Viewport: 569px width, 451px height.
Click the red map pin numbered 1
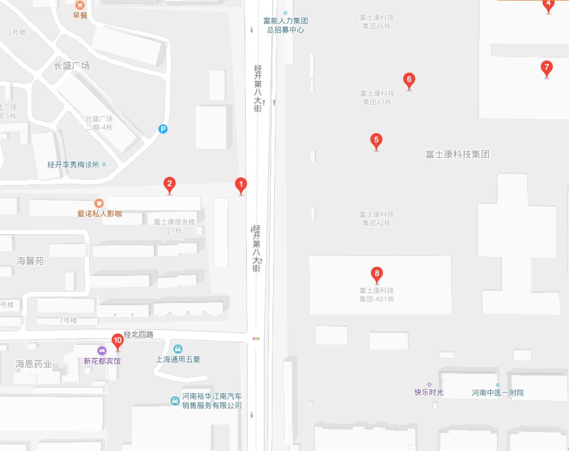[241, 185]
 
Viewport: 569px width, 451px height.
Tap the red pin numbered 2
[169, 185]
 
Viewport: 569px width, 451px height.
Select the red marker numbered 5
[376, 140]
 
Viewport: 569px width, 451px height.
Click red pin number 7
[547, 67]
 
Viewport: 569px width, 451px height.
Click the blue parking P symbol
[164, 130]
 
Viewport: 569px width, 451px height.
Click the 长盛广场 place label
[72, 66]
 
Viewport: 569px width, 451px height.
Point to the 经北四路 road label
[139, 335]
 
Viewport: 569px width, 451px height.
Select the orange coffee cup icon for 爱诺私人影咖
[99, 203]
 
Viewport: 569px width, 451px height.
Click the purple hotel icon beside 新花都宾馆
[102, 351]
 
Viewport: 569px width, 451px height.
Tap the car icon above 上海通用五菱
[178, 348]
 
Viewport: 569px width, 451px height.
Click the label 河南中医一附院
[498, 393]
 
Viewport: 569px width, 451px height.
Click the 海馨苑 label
[30, 261]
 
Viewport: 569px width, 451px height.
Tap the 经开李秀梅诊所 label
[73, 165]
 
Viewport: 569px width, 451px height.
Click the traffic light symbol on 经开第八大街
[256, 339]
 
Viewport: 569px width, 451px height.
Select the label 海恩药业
[33, 364]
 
